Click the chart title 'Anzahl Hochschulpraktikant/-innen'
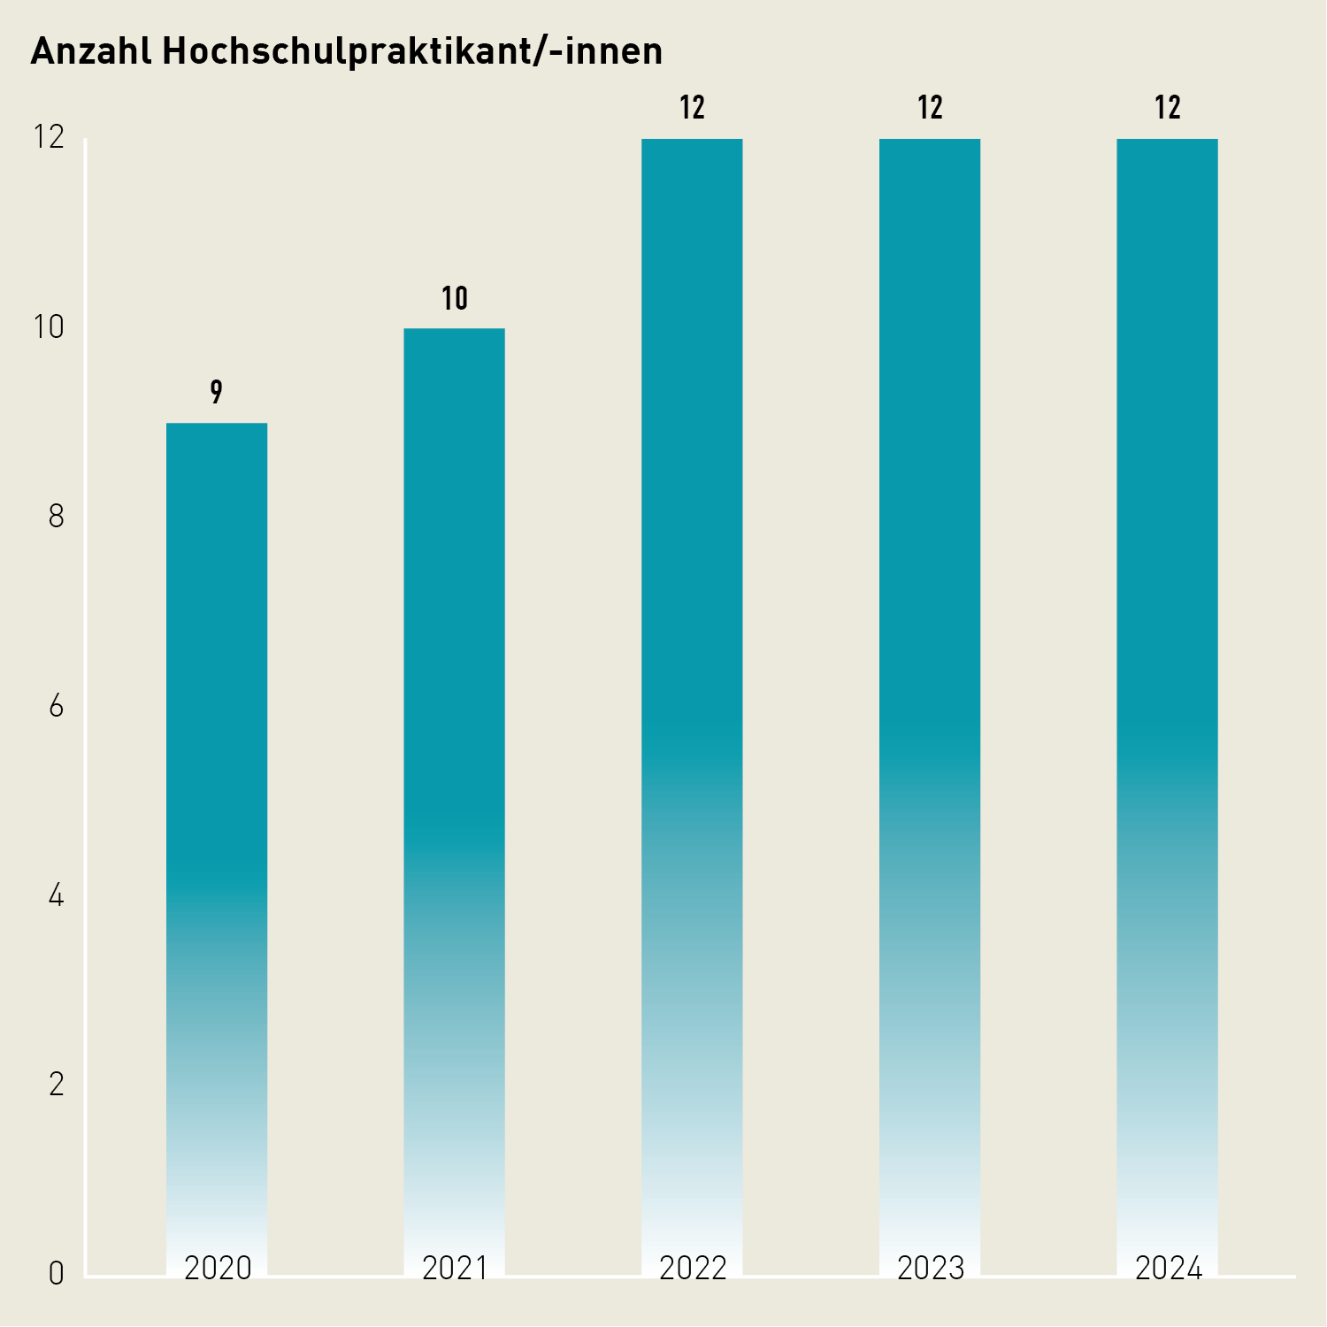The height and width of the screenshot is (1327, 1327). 347,52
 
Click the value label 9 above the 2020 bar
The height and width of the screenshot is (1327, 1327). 217,392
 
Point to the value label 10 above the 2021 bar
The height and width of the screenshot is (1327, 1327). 455,299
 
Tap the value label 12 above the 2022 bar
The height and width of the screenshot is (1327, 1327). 692,108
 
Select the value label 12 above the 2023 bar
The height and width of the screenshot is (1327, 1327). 930,108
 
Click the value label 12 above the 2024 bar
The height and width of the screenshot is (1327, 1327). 1168,108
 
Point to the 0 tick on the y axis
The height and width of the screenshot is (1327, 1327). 57,1275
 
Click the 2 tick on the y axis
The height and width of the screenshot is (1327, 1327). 57,1085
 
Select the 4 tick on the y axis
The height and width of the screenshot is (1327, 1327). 57,896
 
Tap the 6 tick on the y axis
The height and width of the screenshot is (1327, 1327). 57,706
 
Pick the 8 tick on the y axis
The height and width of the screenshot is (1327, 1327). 57,517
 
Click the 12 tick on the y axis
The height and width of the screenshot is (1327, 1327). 49,137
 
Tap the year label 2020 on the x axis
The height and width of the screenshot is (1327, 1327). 218,1269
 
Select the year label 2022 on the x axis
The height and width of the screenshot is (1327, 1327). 693,1269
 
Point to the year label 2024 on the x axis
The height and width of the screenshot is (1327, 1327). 1169,1269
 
